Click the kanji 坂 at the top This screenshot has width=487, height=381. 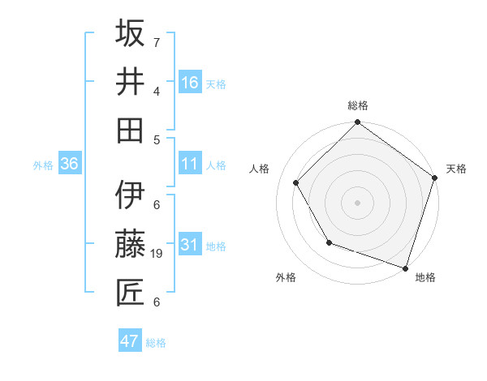(131, 35)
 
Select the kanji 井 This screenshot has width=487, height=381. (131, 83)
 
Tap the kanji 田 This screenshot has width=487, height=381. (131, 131)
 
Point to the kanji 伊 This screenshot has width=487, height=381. (131, 195)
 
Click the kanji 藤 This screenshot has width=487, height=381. (131, 244)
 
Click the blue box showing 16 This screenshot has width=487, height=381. (190, 82)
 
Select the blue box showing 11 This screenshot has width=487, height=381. (190, 165)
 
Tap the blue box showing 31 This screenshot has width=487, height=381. (190, 245)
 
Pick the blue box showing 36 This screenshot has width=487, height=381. (70, 165)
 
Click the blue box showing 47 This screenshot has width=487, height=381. (130, 341)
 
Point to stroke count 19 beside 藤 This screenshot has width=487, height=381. (157, 254)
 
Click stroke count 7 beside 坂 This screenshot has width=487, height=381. (157, 42)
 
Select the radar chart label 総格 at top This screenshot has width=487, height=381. (358, 105)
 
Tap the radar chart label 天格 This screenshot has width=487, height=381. (456, 169)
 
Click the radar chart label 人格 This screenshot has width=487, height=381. (260, 169)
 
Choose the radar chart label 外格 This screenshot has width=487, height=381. (286, 278)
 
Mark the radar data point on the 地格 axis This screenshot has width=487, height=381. (405, 267)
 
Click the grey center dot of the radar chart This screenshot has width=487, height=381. (358, 202)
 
